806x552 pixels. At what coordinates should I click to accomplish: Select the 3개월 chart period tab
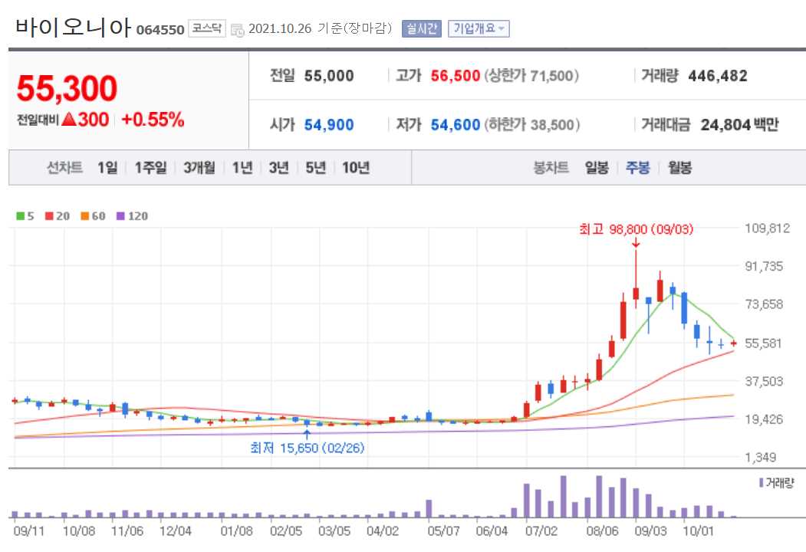199,168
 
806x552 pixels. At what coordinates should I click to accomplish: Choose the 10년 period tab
356,168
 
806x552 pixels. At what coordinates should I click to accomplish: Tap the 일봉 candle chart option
596,168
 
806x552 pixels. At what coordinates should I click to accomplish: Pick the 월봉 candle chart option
679,168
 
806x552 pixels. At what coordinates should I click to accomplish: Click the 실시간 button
421,28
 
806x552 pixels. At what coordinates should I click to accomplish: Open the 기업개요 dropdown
479,28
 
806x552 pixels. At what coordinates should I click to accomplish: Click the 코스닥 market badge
207,28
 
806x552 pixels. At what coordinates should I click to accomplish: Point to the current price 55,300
67,89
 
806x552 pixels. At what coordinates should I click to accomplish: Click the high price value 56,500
456,76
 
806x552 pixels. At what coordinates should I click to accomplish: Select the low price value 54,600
456,124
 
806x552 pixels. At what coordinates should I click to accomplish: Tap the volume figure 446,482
718,76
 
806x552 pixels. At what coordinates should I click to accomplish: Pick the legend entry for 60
94,216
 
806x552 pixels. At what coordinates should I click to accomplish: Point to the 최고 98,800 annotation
636,228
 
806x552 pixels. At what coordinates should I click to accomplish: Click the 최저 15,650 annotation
307,448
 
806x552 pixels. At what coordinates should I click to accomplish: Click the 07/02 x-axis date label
541,530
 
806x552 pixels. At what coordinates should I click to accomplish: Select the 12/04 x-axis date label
176,530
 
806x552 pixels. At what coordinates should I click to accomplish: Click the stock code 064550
160,30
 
